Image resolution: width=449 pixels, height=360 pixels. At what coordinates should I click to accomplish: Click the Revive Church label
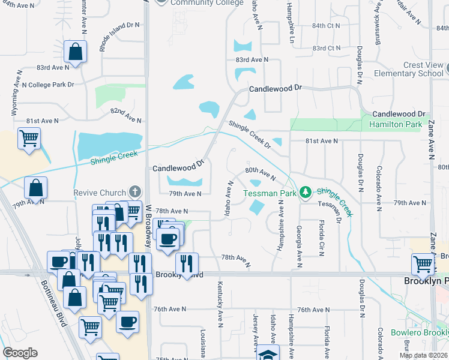pos(99,193)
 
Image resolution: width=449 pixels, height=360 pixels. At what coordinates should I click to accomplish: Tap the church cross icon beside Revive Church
pos(135,192)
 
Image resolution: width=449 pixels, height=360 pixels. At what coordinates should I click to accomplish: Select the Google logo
pos(20,353)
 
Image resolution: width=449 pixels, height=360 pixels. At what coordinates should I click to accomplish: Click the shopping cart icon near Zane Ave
pos(423,264)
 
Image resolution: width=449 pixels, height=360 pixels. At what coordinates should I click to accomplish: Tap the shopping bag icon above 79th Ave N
pos(36,188)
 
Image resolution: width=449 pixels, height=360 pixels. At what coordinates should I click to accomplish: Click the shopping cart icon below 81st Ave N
pos(29,139)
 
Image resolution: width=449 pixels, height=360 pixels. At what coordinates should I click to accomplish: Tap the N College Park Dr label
pos(48,85)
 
